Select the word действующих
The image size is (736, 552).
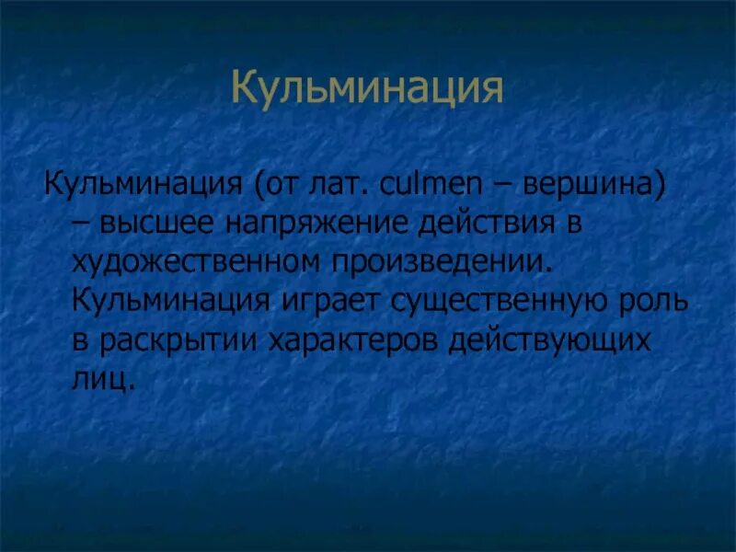coord(550,340)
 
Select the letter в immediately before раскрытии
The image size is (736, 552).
coord(79,340)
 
